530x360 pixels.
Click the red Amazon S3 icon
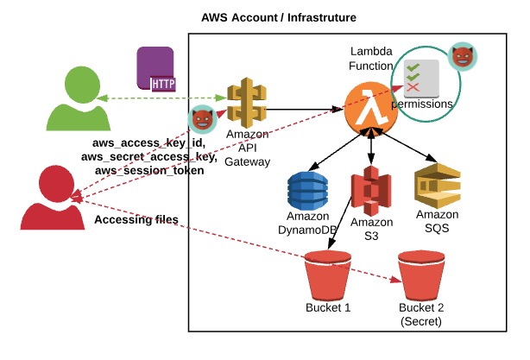pos(371,190)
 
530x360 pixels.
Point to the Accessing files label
pos(136,220)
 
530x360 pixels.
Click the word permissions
pos(422,104)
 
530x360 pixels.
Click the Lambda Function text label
pos(372,60)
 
